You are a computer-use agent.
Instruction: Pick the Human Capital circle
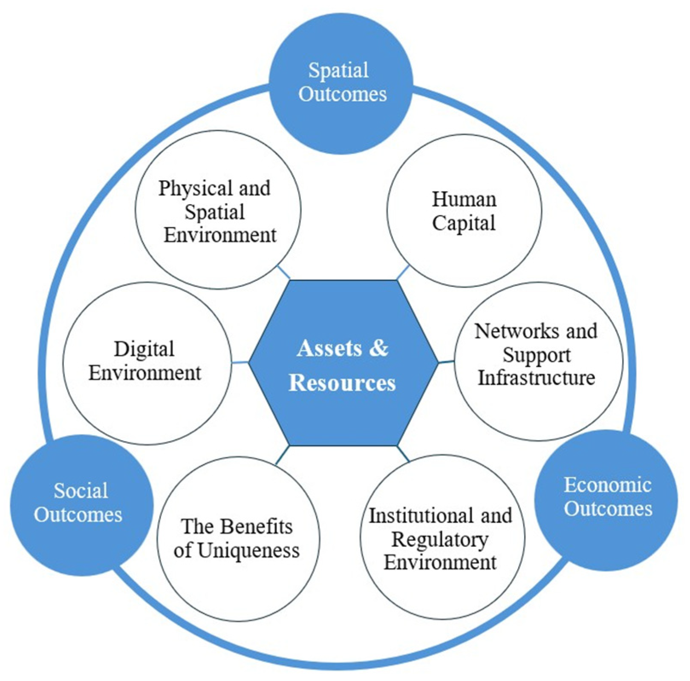464,211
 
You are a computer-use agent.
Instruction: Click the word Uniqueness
248,550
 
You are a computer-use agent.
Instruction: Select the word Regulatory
440,540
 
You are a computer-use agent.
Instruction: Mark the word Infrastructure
536,378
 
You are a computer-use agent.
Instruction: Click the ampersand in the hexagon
378,348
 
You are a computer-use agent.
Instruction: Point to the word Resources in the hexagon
342,382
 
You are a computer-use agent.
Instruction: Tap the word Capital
464,223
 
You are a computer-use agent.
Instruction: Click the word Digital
144,349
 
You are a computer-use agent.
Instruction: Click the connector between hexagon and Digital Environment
240,363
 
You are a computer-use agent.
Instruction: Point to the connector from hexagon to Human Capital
403,272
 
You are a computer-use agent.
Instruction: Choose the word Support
536,355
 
